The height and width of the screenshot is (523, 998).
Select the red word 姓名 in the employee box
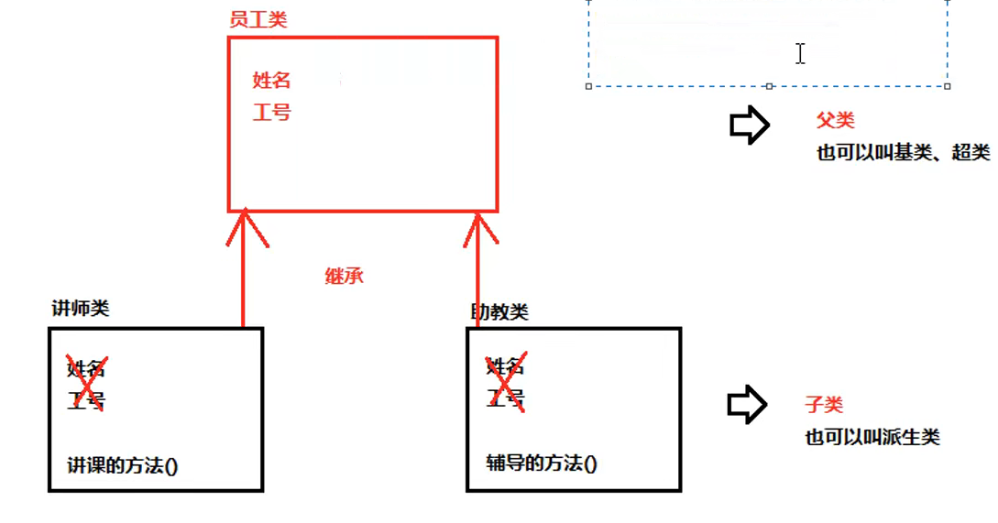[271, 81]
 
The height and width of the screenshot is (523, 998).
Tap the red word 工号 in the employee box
[271, 113]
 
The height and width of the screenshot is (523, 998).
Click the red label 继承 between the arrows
[345, 275]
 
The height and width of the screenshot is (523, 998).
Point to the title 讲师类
[81, 309]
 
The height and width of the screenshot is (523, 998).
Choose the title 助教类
[499, 312]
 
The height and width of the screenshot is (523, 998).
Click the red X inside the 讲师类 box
[87, 383]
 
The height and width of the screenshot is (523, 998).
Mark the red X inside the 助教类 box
[505, 382]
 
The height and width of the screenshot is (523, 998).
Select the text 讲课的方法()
[123, 464]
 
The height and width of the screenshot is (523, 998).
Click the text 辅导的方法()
[541, 463]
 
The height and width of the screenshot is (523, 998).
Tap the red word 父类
[835, 121]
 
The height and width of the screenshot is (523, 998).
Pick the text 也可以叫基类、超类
[903, 153]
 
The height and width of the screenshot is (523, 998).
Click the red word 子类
[824, 405]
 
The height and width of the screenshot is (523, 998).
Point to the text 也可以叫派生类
[872, 436]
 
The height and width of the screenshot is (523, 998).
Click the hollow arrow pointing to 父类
[749, 125]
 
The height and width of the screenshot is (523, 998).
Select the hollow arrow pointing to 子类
[747, 405]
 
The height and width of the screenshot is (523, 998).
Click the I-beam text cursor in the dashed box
[800, 54]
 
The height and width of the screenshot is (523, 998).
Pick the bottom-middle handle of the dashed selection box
[769, 86]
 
